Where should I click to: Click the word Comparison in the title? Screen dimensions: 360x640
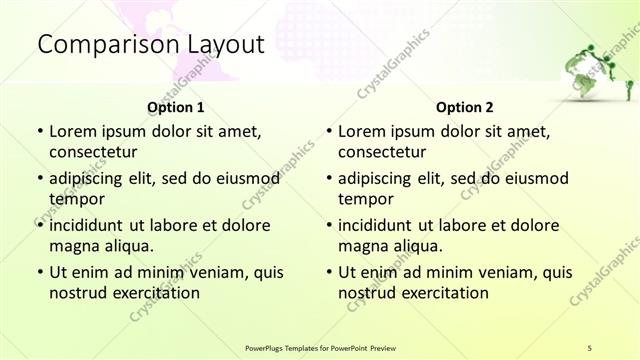[x=97, y=45]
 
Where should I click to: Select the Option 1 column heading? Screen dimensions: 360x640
[x=176, y=108]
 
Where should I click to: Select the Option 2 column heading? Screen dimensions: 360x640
[x=465, y=108]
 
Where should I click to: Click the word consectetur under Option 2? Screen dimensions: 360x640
[x=383, y=152]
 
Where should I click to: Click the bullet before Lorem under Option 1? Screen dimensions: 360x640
[x=40, y=131]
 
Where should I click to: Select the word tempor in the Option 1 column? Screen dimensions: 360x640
[x=73, y=199]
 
